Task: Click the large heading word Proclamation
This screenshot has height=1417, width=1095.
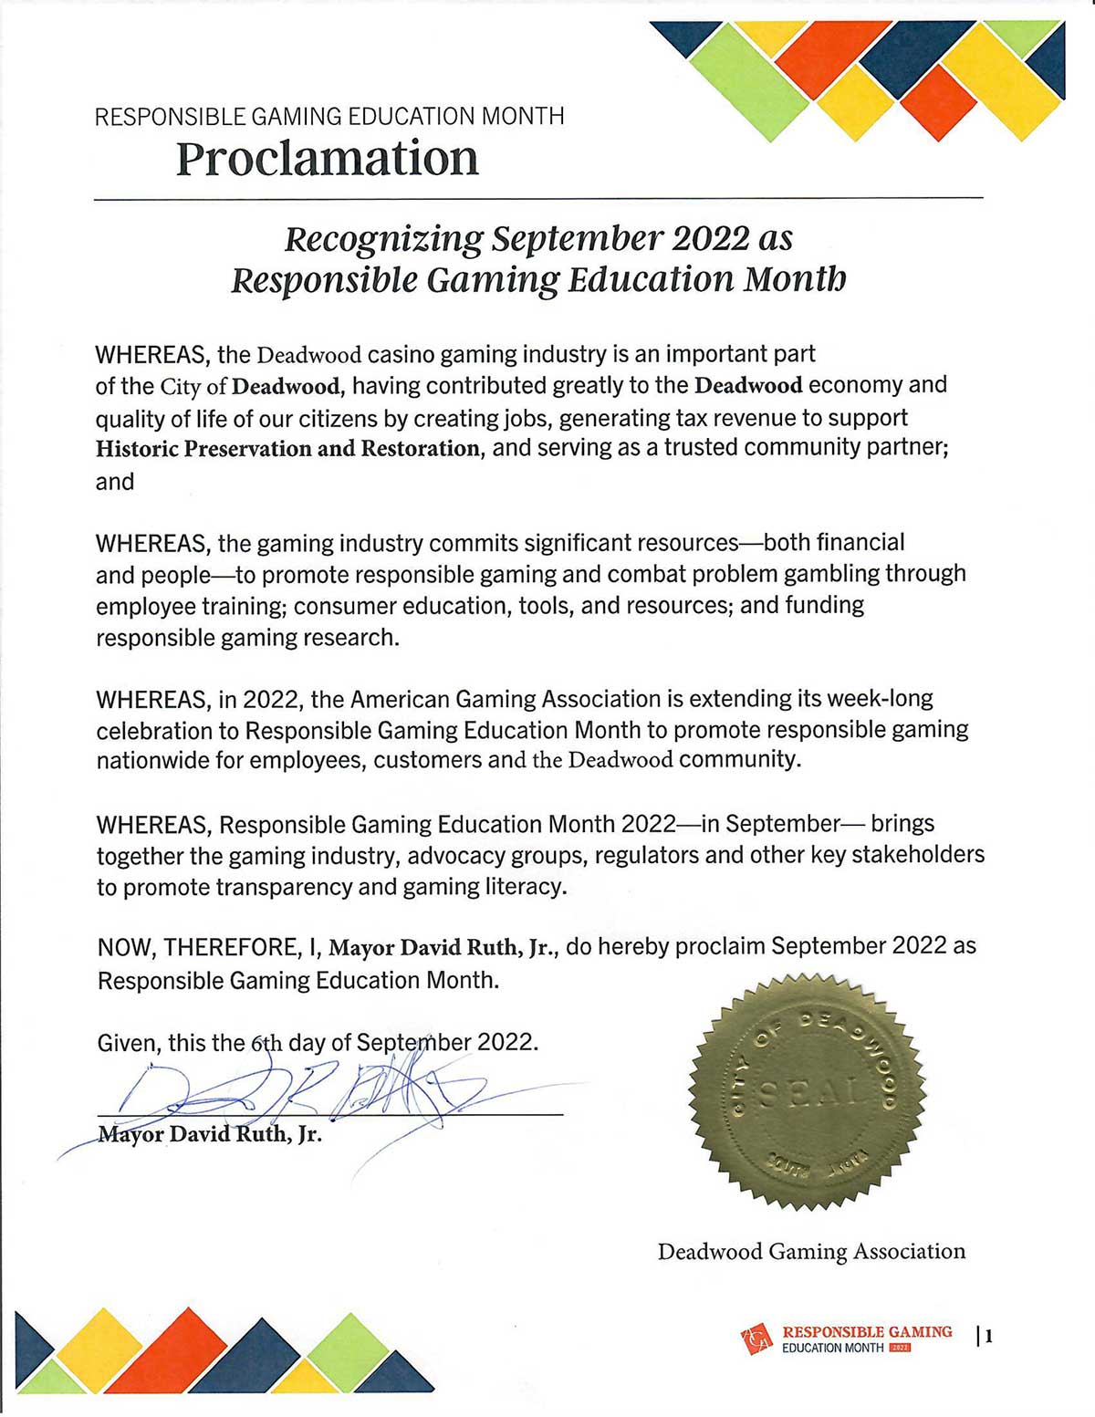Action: [327, 159]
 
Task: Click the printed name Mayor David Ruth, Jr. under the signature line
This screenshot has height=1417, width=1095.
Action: [210, 1136]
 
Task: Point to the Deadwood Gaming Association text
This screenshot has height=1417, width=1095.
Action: [811, 1252]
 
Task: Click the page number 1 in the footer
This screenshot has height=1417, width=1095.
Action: [988, 1338]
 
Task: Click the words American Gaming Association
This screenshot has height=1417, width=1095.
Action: [506, 700]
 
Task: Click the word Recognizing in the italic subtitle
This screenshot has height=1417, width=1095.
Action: [383, 239]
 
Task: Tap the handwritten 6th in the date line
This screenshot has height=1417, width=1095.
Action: [266, 1042]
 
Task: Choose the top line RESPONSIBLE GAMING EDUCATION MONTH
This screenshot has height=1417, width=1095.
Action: [329, 117]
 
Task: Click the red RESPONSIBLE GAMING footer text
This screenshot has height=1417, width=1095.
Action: [867, 1332]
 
